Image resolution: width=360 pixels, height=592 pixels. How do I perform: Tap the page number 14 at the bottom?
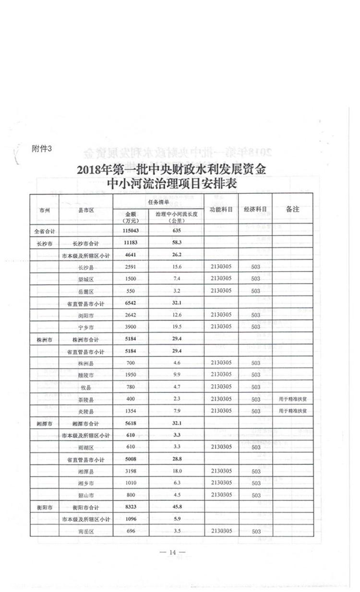click(172, 553)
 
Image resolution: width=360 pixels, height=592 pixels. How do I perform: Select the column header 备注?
click(292, 210)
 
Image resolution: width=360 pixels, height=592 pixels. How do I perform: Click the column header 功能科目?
click(221, 210)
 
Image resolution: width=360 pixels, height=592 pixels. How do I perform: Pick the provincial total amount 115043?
click(131, 231)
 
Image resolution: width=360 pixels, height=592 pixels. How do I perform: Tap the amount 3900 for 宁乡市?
click(131, 327)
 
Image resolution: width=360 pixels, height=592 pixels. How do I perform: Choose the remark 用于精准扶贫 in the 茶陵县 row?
click(292, 399)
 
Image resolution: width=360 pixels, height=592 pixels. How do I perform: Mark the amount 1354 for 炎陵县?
click(131, 411)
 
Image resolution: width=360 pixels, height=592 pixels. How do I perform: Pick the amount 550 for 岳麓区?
click(131, 291)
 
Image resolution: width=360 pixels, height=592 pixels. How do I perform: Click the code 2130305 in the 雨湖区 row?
click(221, 447)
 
